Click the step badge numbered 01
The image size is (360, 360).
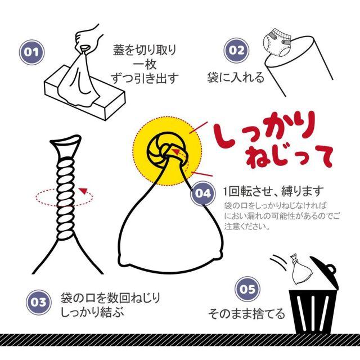(31, 52)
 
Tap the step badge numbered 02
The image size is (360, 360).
(236, 51)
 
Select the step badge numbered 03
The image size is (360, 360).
(38, 302)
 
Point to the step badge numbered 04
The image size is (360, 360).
(202, 193)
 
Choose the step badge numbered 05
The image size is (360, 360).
(247, 289)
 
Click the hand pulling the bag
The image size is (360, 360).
(88, 38)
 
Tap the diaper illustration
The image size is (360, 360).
(277, 44)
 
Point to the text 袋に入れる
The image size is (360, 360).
(236, 78)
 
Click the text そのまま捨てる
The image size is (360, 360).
(246, 314)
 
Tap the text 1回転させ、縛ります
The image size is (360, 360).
(274, 191)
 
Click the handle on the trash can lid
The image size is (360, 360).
(331, 269)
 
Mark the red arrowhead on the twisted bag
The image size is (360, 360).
(83, 191)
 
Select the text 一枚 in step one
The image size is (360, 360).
(145, 65)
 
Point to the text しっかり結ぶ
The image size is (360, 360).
(92, 312)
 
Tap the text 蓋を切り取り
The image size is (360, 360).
(145, 50)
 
